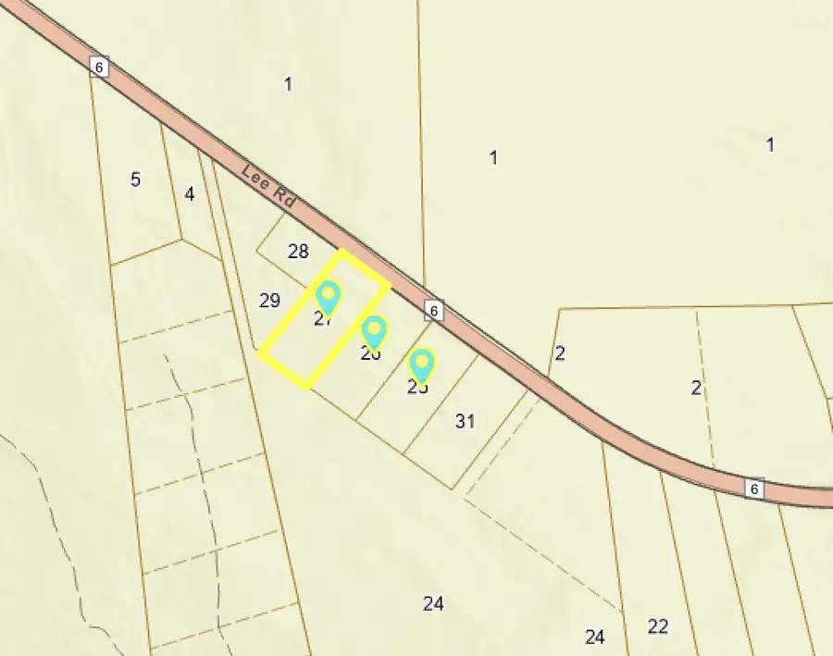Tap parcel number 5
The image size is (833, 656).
point(135,179)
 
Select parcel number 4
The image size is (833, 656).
point(190,194)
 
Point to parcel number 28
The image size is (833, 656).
point(298,251)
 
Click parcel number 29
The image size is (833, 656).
point(269,300)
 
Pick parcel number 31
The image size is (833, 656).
point(466,421)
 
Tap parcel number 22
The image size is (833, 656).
point(658,626)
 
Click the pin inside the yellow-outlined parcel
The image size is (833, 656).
point(328,298)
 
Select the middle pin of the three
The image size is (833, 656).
point(373,331)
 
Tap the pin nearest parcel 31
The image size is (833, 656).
point(421,364)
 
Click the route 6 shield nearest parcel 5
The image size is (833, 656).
point(100,66)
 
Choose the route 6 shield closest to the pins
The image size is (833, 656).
point(434,310)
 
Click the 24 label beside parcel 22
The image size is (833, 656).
point(595,637)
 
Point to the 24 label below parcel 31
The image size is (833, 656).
point(433,603)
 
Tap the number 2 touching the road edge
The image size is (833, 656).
point(559,353)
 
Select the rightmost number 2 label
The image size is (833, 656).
point(696,388)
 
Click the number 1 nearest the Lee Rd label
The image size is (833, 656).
point(288,84)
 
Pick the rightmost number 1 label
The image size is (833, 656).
point(770,144)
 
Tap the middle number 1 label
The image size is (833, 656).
point(493,157)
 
